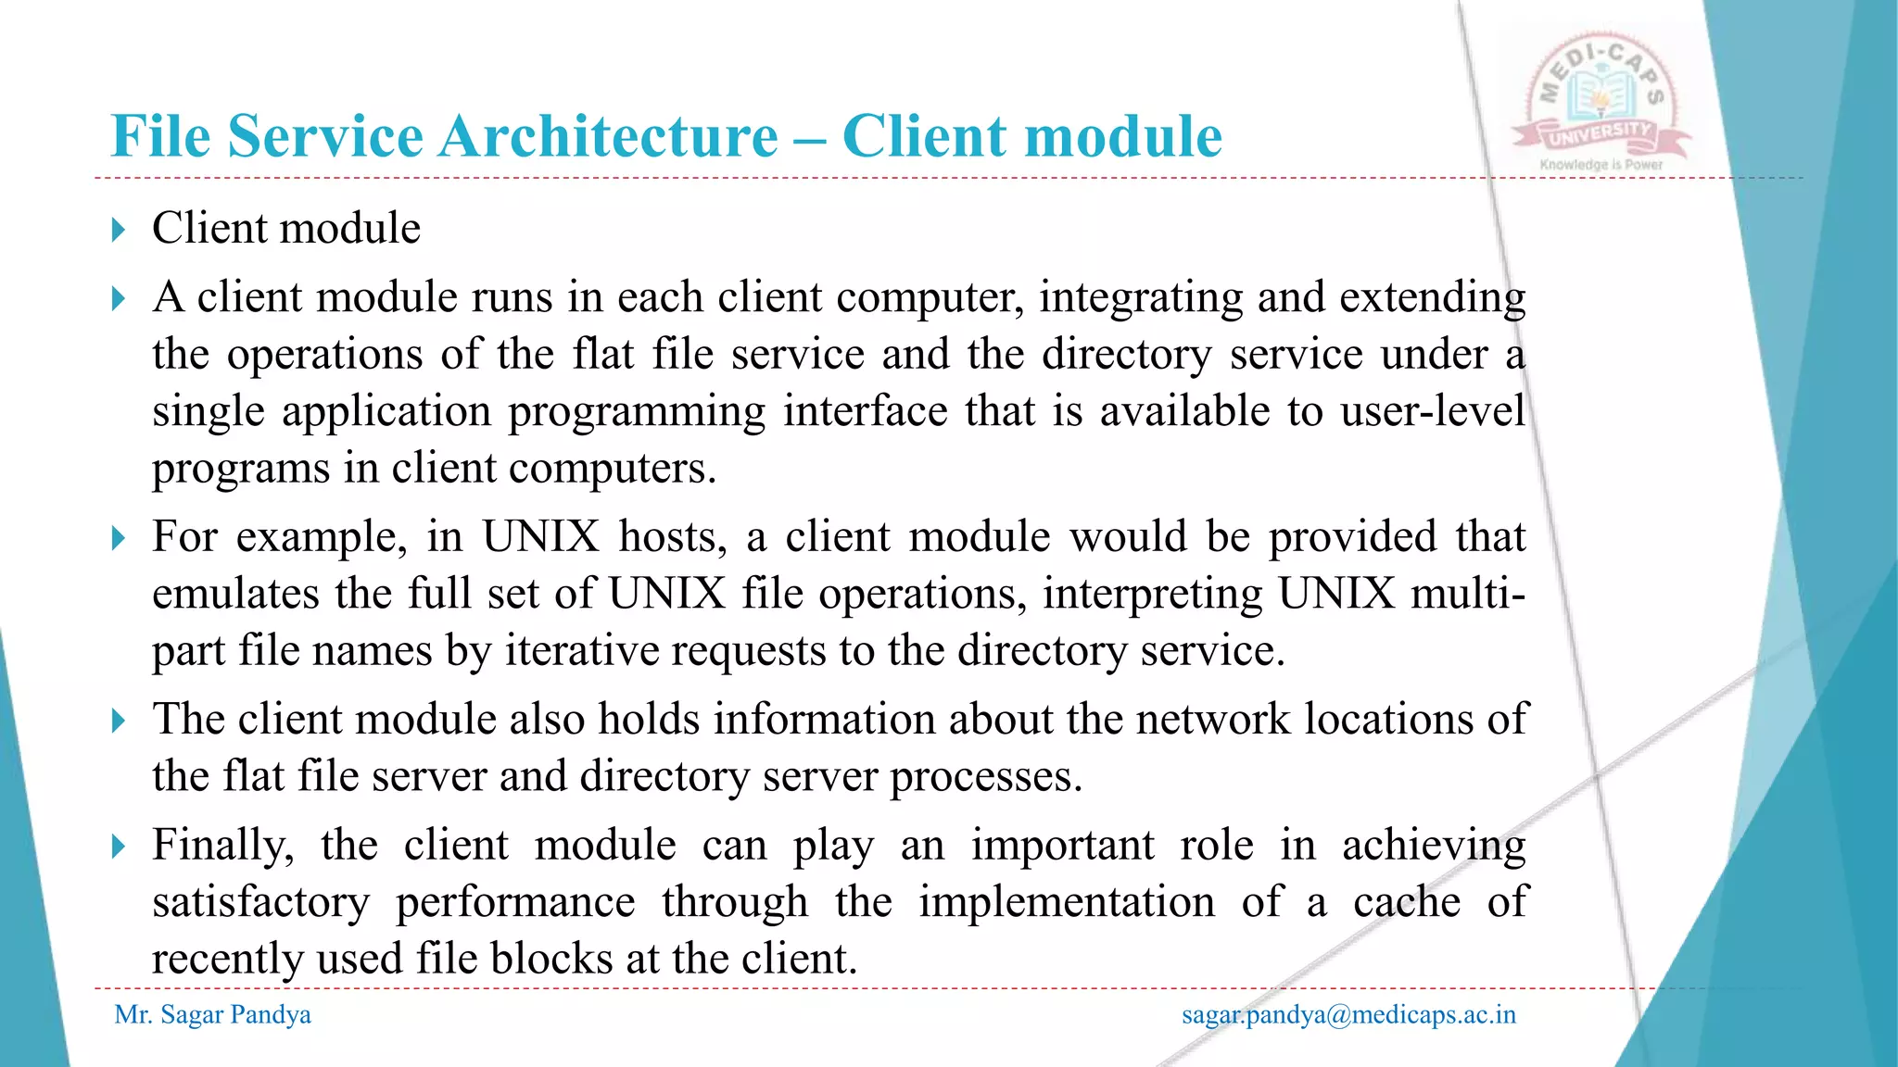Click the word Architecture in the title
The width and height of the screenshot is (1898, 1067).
point(608,137)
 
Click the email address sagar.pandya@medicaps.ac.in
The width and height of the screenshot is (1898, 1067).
point(1348,1015)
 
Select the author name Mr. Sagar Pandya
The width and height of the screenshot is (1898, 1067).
point(212,1015)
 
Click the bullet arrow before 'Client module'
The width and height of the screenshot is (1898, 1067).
point(118,229)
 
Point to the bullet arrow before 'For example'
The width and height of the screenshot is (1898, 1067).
point(118,537)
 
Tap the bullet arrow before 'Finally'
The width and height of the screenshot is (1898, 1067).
point(118,846)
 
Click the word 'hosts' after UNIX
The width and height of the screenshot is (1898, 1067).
point(673,537)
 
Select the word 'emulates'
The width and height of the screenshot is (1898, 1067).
point(235,594)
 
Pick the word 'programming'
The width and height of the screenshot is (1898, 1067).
point(637,411)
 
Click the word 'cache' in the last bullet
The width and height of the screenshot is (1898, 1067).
point(1407,902)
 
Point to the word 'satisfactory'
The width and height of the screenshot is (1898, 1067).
point(260,902)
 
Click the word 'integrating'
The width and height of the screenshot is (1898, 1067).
point(1140,298)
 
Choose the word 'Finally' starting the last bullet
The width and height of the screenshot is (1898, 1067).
point(222,846)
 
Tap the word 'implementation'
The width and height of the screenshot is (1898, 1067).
point(1067,902)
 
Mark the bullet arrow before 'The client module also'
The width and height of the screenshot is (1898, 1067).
point(118,720)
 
